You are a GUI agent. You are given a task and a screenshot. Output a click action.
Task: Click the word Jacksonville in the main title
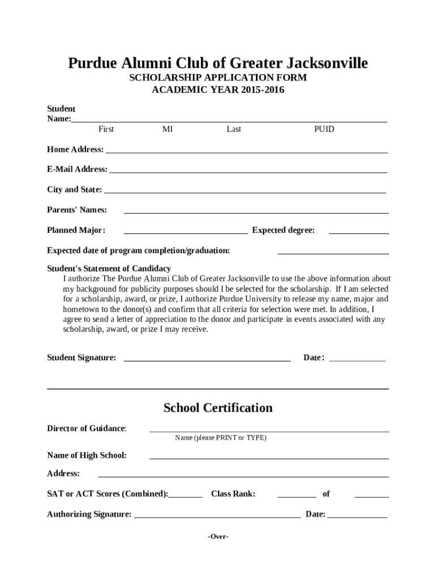[x=321, y=63]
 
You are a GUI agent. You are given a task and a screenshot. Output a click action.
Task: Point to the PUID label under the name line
[x=324, y=129]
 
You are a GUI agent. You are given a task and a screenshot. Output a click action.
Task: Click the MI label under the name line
[x=168, y=129]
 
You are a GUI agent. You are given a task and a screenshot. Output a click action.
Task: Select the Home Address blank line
[x=246, y=152]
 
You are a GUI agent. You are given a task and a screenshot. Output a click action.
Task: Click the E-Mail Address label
[x=77, y=169]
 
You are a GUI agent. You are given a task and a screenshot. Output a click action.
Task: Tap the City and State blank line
[x=245, y=193]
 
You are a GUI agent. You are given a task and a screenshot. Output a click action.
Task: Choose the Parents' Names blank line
[x=256, y=213]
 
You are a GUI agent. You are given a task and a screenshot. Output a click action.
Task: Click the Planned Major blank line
[x=185, y=233]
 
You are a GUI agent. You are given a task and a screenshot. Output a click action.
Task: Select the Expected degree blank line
[x=358, y=233]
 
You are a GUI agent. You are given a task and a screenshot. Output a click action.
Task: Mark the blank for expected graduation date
[x=333, y=254]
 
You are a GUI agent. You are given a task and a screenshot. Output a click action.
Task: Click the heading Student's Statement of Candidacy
[x=109, y=268]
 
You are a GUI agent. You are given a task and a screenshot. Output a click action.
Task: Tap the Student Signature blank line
[x=207, y=360]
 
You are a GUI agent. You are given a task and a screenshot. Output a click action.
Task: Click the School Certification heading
[x=218, y=408]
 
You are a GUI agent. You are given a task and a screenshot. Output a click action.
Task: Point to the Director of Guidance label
[x=87, y=428]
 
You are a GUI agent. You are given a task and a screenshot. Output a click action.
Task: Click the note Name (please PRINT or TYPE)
[x=220, y=438]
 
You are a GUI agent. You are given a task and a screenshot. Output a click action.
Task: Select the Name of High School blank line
[x=269, y=458]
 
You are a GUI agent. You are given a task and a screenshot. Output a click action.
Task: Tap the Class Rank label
[x=233, y=494]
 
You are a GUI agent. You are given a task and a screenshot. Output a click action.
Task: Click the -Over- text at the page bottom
[x=218, y=536]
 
